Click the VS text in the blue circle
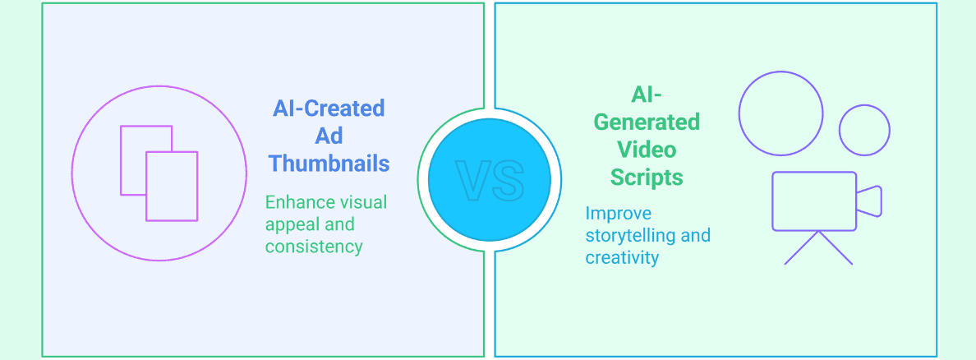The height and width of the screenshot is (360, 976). (490, 180)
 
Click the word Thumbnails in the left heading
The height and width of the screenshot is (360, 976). (329, 164)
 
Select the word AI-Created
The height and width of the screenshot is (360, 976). (329, 108)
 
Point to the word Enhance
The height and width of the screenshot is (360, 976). (301, 202)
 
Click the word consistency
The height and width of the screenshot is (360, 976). (314, 246)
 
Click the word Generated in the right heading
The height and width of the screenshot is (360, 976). (647, 122)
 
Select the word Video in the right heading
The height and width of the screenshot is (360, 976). (647, 150)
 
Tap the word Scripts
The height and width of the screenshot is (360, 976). (647, 178)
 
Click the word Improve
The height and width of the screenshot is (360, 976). (618, 213)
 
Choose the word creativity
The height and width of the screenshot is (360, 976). (622, 257)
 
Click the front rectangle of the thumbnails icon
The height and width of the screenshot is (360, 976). (146, 187)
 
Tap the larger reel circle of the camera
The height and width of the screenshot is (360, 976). (739, 113)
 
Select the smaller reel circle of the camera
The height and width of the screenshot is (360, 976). (839, 130)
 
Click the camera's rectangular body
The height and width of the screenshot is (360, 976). (772, 201)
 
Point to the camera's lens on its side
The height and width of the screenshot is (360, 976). (881, 201)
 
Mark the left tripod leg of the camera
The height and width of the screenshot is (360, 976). (802, 248)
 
